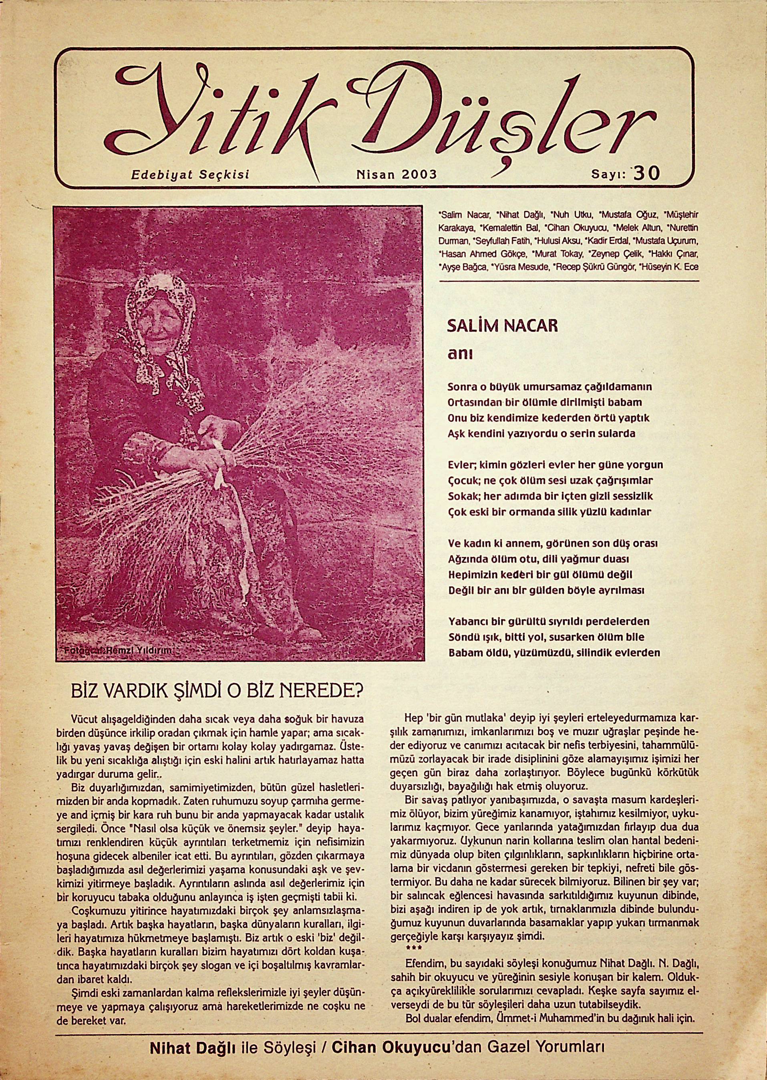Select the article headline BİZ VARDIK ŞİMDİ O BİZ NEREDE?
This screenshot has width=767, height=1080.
coord(216,693)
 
